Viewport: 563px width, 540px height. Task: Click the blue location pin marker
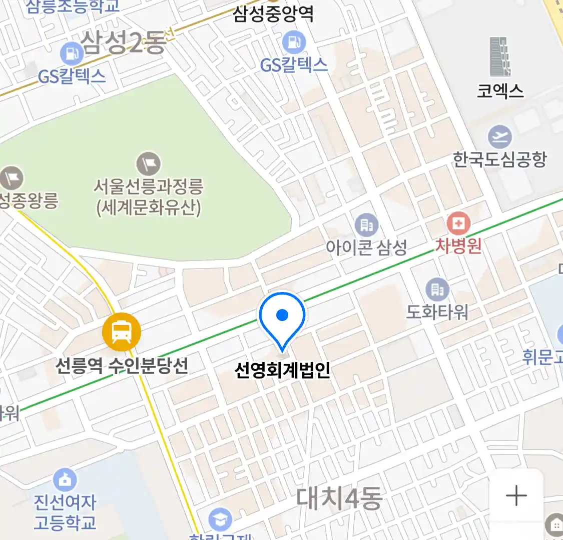pyautogui.click(x=282, y=318)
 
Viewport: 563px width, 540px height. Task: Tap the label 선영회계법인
pyautogui.click(x=282, y=370)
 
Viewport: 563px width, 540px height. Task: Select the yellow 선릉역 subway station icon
pyautogui.click(x=121, y=331)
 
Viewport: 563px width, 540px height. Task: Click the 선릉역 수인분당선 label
pyautogui.click(x=122, y=365)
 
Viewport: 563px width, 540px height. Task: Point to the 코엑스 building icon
pyautogui.click(x=500, y=56)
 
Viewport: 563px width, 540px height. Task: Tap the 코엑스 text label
pyautogui.click(x=500, y=90)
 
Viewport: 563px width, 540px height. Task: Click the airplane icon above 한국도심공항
pyautogui.click(x=499, y=136)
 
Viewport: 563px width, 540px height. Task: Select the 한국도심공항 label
pyautogui.click(x=499, y=159)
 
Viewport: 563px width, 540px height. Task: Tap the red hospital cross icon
pyautogui.click(x=458, y=223)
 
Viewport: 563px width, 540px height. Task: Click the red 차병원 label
pyautogui.click(x=458, y=245)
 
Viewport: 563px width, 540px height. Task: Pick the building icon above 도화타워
pyautogui.click(x=437, y=289)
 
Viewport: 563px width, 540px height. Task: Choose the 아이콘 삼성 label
pyautogui.click(x=366, y=247)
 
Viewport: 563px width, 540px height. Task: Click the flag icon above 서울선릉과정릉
pyautogui.click(x=149, y=163)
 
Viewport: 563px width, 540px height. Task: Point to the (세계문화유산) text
pyautogui.click(x=149, y=207)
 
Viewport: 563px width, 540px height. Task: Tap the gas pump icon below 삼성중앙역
pyautogui.click(x=294, y=42)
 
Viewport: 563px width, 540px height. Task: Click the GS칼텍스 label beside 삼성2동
pyautogui.click(x=72, y=76)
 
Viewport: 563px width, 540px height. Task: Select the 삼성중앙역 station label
pyautogui.click(x=273, y=13)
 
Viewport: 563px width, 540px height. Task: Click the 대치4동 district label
pyautogui.click(x=339, y=498)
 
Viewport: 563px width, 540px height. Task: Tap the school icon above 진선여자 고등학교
pyautogui.click(x=65, y=479)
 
